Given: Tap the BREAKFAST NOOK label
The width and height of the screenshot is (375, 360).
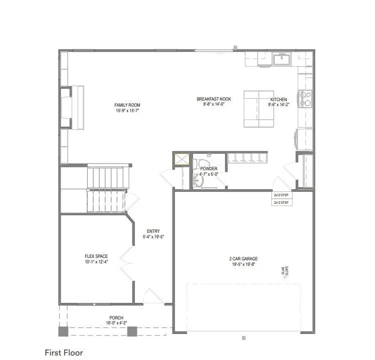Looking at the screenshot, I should (213, 99).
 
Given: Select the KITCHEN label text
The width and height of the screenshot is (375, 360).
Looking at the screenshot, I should (279, 99).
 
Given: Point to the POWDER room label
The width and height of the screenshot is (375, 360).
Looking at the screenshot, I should (209, 169).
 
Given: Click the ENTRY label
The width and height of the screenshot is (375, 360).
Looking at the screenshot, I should (153, 231).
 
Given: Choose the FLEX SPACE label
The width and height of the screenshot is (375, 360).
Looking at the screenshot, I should (96, 256).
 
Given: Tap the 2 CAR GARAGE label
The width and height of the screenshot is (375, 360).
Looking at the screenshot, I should (243, 259).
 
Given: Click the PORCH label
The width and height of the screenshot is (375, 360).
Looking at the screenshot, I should (116, 318).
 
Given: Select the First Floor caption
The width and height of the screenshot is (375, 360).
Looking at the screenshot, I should (64, 353).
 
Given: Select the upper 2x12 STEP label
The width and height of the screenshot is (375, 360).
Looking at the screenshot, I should (281, 195).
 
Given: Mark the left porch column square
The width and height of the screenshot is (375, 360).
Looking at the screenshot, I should (63, 331).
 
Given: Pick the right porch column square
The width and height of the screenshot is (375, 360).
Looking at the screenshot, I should (132, 331).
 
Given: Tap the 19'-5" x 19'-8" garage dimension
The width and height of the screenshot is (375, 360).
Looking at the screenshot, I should (243, 264).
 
